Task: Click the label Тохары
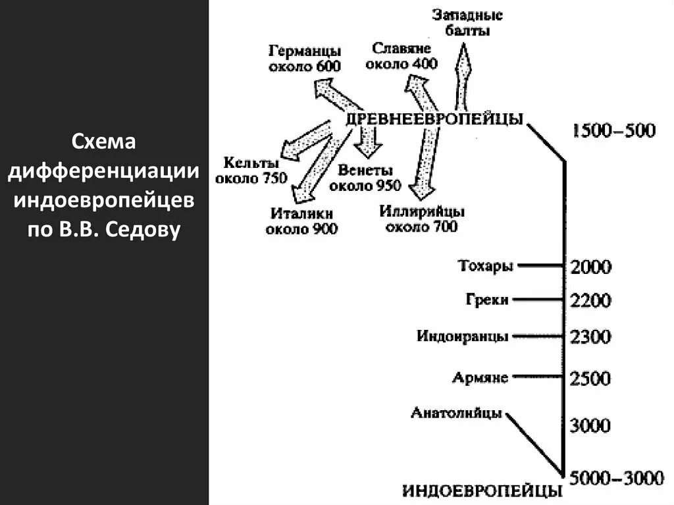pos(484,266)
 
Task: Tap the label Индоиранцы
pos(463,336)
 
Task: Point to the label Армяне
pos(480,378)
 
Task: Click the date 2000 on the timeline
pos(592,267)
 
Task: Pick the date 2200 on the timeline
pos(592,301)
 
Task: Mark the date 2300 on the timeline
pos(592,337)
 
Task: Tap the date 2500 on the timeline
pos(592,379)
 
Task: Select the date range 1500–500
pos(613,130)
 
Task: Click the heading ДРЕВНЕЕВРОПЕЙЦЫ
pos(434,119)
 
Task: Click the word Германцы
pos(305,51)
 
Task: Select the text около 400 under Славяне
pos(402,63)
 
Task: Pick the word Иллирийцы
pos(422,212)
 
